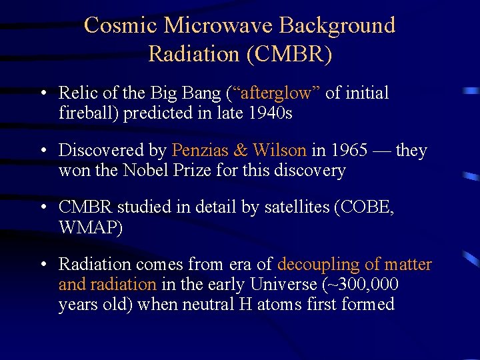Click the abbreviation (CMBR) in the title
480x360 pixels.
[289, 53]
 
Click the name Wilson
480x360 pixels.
[280, 150]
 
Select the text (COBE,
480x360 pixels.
[367, 207]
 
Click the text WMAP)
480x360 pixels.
[91, 228]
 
